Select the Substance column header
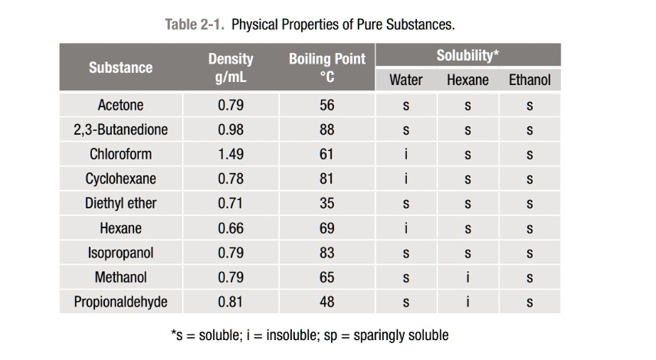[120, 67]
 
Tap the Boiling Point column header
[327, 67]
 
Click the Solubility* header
[467, 55]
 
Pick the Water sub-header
[405, 80]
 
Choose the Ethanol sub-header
[530, 80]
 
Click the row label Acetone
[120, 105]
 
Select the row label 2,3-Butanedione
[120, 129]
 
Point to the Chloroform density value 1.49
[231, 154]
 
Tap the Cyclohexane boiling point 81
[327, 178]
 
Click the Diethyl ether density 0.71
[231, 204]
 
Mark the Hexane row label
[120, 228]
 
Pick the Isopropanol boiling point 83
[327, 253]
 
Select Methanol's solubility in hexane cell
[467, 277]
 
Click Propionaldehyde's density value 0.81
[231, 302]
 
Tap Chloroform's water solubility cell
[405, 154]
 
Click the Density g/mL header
[231, 67]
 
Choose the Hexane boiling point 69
[327, 228]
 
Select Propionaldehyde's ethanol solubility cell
[530, 302]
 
